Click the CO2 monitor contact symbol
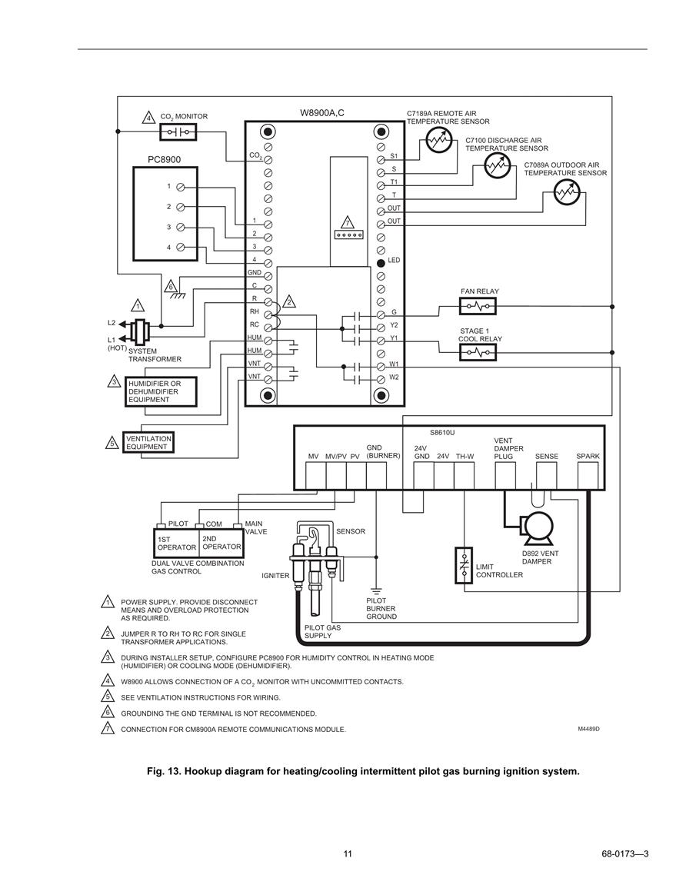click(x=178, y=132)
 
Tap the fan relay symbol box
click(x=478, y=307)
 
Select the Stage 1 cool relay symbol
click(x=478, y=352)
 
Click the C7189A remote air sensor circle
click(x=438, y=138)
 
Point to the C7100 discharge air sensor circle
click(x=498, y=165)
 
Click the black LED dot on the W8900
click(x=381, y=262)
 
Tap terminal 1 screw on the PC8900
click(x=180, y=187)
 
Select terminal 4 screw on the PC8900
click(x=180, y=247)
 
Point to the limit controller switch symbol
click(x=464, y=564)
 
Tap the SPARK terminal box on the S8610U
click(x=588, y=476)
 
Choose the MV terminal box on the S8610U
click(x=315, y=476)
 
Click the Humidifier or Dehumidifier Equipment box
click(x=161, y=391)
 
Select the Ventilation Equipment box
click(x=148, y=442)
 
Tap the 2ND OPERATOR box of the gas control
click(x=221, y=543)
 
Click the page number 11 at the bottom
click(x=348, y=854)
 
